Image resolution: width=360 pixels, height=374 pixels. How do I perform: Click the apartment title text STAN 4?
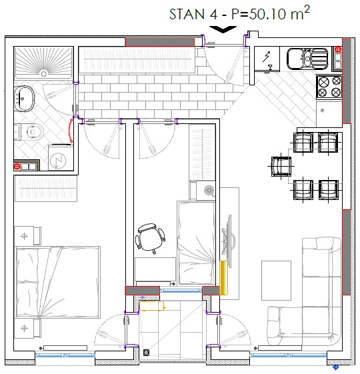pos(193,14)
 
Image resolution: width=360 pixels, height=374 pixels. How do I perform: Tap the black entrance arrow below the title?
pos(223,29)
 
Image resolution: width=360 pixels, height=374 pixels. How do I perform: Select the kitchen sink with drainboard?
pos(307,59)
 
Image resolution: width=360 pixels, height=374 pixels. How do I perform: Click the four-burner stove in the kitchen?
pos(329,87)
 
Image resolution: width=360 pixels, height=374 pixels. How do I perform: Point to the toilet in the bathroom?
pos(35,132)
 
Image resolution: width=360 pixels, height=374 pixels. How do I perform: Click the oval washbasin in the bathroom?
pos(24,99)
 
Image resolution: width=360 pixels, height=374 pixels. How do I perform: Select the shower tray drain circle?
pos(43,73)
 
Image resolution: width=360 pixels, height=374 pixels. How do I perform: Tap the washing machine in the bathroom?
pos(61,157)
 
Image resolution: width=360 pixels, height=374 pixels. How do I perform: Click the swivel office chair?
pos(150,237)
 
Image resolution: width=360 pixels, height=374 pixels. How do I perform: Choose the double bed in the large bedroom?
pos(57,282)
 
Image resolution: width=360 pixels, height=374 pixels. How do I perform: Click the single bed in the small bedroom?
pos(196,243)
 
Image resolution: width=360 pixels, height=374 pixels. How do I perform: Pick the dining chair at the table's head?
pos(281,166)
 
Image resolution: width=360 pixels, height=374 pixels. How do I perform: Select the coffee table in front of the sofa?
pos(276,281)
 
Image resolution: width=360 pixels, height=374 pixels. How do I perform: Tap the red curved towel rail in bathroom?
pos(70,131)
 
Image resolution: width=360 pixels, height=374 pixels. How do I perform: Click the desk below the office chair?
pos(155,269)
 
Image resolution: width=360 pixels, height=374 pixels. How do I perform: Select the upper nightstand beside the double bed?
pos(27,236)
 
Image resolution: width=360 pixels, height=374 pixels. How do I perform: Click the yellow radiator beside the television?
pos(223,277)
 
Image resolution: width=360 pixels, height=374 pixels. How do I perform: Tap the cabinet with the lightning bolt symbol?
pos(267,59)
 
